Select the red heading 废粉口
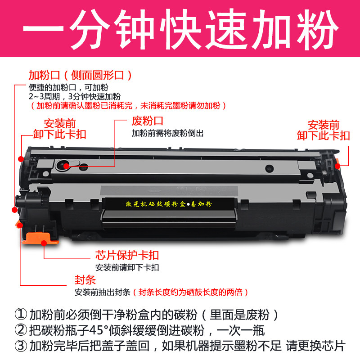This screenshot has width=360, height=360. [147, 121]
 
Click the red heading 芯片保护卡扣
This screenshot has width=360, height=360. [127, 256]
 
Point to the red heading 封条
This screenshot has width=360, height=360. [85, 280]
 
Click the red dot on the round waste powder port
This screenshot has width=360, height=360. [66, 166]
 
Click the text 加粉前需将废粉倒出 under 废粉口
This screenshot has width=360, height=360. [168, 134]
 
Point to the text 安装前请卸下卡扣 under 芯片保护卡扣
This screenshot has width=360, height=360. [127, 267]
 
